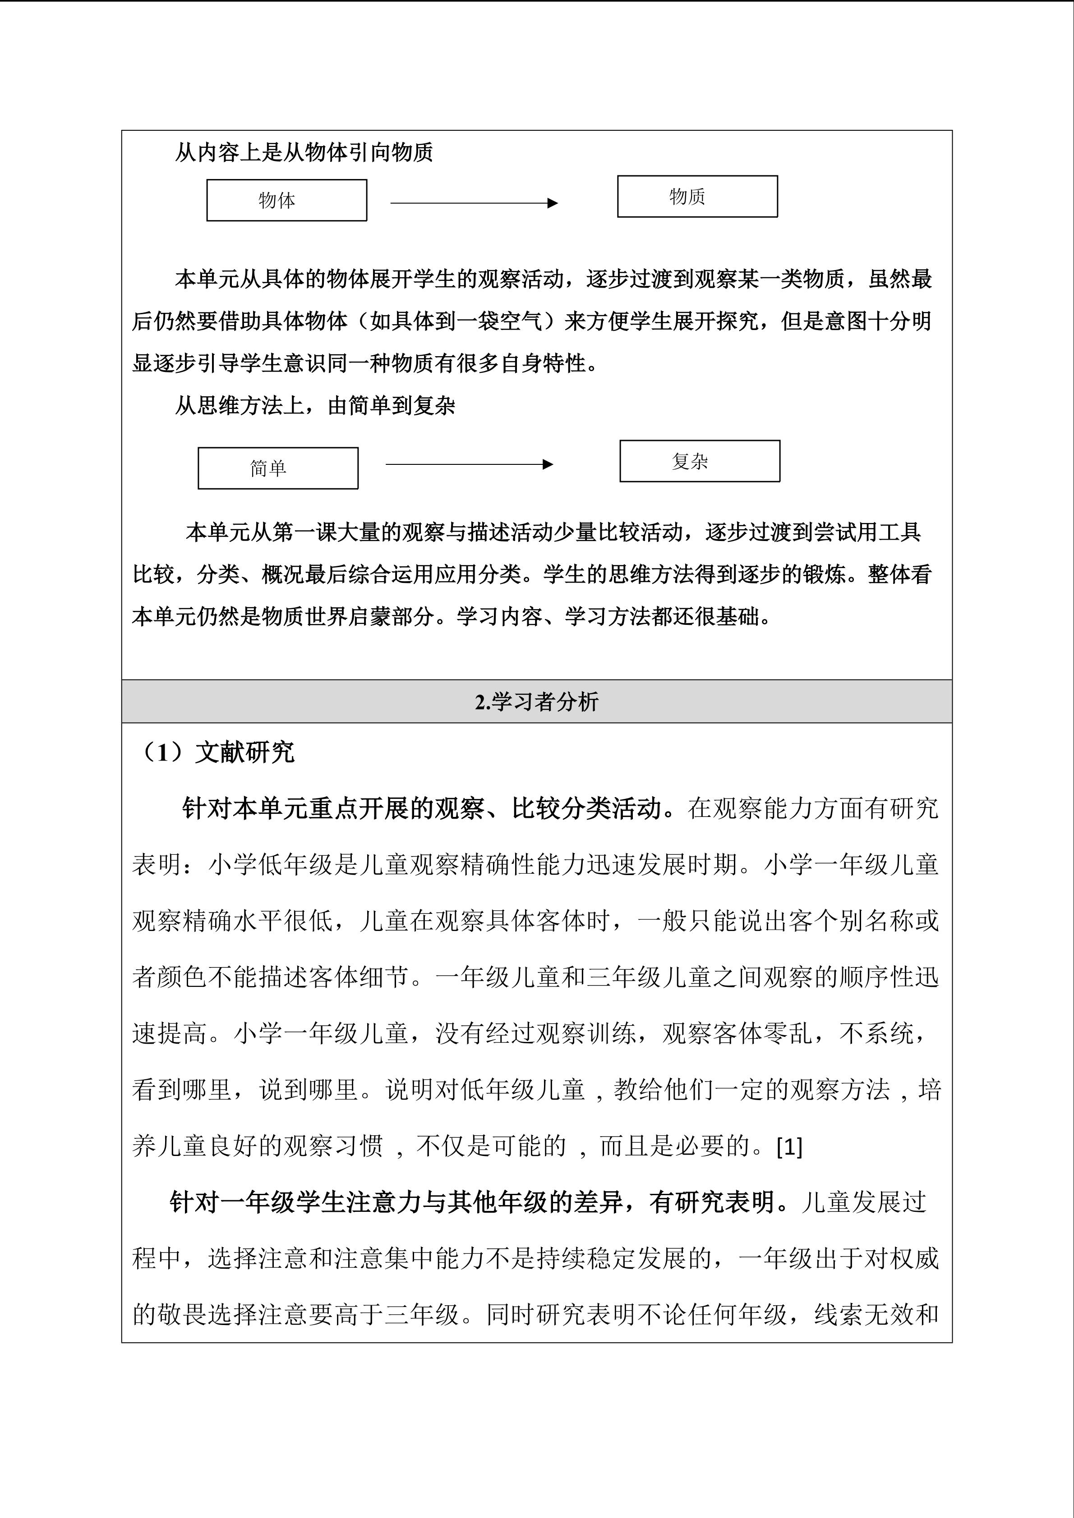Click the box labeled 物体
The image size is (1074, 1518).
point(286,200)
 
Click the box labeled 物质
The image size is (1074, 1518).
point(697,197)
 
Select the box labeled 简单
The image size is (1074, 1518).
point(278,468)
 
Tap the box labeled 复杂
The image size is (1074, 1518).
point(700,461)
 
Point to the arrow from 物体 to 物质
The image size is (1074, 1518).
point(474,203)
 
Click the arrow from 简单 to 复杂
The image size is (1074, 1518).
point(469,464)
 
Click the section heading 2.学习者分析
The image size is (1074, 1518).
point(536,702)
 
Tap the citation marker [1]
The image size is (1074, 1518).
point(789,1146)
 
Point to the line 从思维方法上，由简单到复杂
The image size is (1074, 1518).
point(315,405)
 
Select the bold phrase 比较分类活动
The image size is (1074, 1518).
point(586,808)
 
